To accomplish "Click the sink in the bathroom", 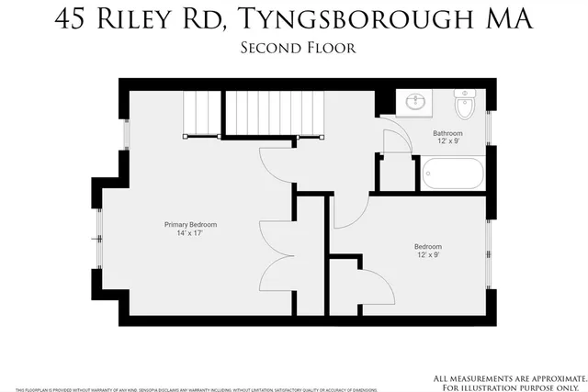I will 415,102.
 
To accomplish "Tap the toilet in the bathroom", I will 464,104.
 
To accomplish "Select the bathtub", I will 452,174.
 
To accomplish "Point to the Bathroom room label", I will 448,133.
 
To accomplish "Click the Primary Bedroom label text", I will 190,224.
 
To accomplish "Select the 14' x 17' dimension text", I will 190,233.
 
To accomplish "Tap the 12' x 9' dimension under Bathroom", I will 448,142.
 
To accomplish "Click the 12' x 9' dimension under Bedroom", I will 428,255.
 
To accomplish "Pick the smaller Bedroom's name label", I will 428,246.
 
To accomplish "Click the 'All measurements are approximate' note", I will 508,378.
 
